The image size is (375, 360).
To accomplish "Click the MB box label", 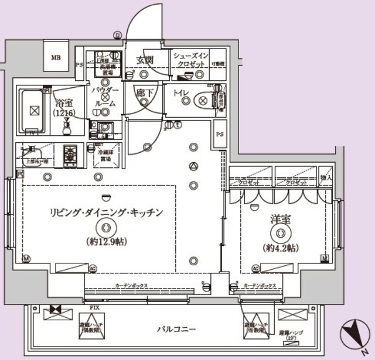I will click(56, 57).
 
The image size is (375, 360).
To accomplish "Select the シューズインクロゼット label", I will click(189, 59).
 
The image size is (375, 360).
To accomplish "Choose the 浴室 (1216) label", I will click(64, 105).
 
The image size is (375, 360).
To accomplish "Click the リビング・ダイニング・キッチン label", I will click(105, 212).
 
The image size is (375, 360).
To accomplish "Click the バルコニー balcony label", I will click(176, 330).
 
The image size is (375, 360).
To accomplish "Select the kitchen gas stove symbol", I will click(70, 155).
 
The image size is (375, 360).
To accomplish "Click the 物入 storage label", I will click(326, 178).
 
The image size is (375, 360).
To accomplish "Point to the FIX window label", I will click(93, 307).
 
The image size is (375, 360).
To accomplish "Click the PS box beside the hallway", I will click(220, 135).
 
